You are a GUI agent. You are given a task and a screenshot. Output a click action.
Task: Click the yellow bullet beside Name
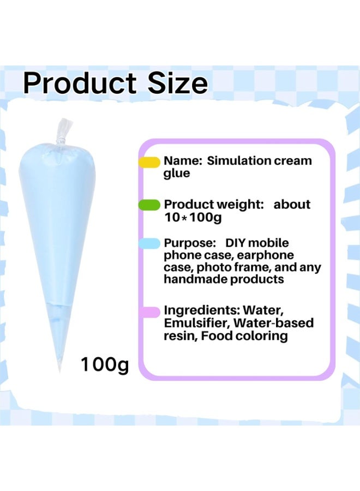coord(148,162)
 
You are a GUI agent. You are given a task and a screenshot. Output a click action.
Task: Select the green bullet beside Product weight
coord(150,205)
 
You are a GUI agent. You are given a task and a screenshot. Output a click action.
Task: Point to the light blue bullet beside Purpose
coord(149,244)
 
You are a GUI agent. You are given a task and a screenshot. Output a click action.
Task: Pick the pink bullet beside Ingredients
coord(149,312)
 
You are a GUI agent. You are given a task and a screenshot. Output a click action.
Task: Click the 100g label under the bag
coord(104,364)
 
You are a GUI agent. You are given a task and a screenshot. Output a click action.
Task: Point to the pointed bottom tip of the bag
coord(60,368)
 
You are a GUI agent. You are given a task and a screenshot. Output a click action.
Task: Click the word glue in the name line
coord(177,173)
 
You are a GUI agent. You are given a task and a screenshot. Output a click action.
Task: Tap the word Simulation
coord(239,161)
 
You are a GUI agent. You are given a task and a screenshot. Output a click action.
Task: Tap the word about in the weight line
coord(292,205)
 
